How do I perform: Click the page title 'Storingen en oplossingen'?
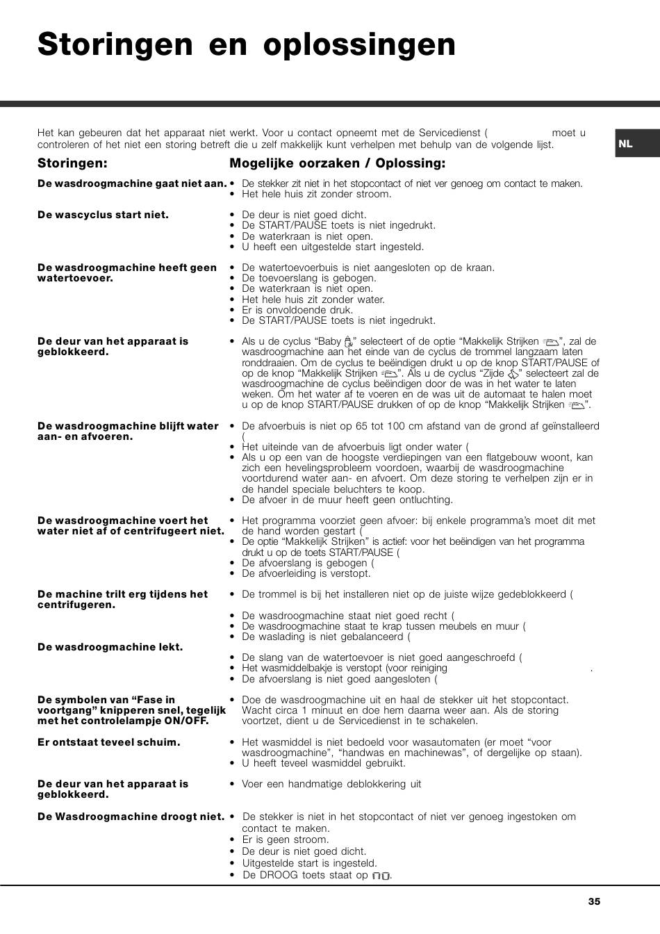(247, 44)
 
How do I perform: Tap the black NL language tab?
(626, 144)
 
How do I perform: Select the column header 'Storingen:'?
(72, 163)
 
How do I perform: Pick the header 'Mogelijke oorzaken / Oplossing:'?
(338, 163)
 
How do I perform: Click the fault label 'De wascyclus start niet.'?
(103, 215)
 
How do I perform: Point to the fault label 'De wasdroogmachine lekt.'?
(110, 647)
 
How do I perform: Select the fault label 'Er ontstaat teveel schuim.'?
(108, 742)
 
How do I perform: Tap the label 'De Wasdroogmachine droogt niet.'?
(131, 817)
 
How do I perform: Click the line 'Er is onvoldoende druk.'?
(297, 310)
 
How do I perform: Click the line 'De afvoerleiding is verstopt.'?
(306, 573)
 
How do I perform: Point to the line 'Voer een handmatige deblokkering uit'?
(331, 784)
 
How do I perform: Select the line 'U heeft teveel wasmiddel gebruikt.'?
(323, 763)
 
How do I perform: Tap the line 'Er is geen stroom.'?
(285, 839)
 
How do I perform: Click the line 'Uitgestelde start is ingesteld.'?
(309, 863)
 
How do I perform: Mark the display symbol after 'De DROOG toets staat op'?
(381, 876)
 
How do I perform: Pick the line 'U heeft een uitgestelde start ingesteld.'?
(332, 247)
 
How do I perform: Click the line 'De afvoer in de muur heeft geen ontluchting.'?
(347, 500)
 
